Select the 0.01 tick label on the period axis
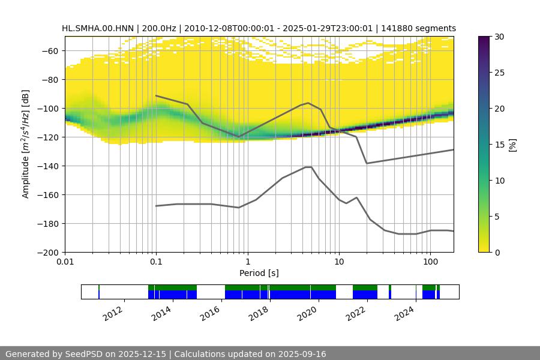[65, 262]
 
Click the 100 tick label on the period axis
[430, 262]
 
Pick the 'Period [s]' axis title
[259, 273]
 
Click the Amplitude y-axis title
[25, 144]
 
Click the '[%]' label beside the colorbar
[512, 145]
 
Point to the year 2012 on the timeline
[113, 313]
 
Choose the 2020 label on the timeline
[308, 313]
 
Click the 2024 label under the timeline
[405, 313]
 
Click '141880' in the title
[396, 28]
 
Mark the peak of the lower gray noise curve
[308, 167]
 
